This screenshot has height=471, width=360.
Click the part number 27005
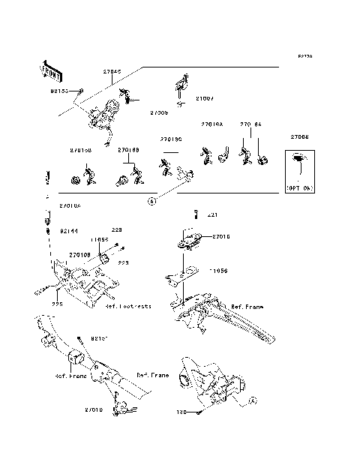click(158, 112)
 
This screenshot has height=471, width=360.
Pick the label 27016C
click(170, 139)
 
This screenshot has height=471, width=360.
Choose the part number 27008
click(301, 137)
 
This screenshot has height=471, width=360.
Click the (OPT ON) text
click(300, 188)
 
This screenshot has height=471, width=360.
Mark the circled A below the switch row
click(151, 201)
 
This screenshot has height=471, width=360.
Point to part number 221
click(211, 215)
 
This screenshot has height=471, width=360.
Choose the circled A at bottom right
click(253, 400)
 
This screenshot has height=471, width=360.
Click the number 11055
click(99, 239)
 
